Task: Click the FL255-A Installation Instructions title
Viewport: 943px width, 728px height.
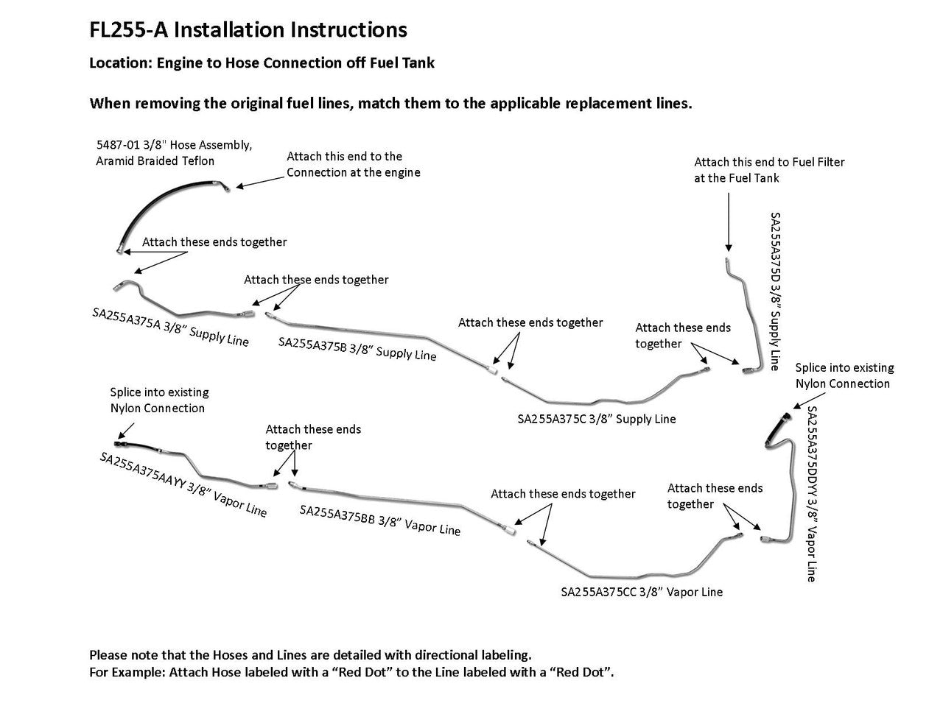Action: click(248, 30)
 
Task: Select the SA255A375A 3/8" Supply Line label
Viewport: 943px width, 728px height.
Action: click(170, 327)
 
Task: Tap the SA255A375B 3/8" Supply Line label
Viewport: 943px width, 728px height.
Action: click(357, 349)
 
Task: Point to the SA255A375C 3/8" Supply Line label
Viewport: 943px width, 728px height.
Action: click(596, 419)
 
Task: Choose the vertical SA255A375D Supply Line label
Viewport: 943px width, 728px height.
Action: click(775, 291)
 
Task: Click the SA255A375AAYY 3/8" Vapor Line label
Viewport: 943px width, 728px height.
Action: click(183, 484)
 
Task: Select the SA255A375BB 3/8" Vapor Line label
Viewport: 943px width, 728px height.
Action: click(379, 520)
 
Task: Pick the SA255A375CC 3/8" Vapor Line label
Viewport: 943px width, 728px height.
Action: click(641, 592)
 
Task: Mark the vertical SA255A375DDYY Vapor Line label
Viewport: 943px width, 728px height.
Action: click(812, 494)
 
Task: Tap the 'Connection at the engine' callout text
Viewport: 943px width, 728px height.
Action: click(353, 172)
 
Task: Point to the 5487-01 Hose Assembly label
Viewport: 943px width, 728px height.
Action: click(174, 153)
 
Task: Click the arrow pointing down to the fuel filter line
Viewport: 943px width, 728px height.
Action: click(729, 220)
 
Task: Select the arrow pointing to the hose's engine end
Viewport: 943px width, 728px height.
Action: click(258, 179)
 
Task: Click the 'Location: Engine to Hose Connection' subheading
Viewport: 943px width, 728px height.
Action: click(262, 63)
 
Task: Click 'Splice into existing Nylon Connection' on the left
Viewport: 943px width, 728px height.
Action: click(159, 400)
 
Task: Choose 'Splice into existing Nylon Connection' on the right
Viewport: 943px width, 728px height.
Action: click(844, 375)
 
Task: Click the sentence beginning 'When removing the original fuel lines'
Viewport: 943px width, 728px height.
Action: click(390, 103)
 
